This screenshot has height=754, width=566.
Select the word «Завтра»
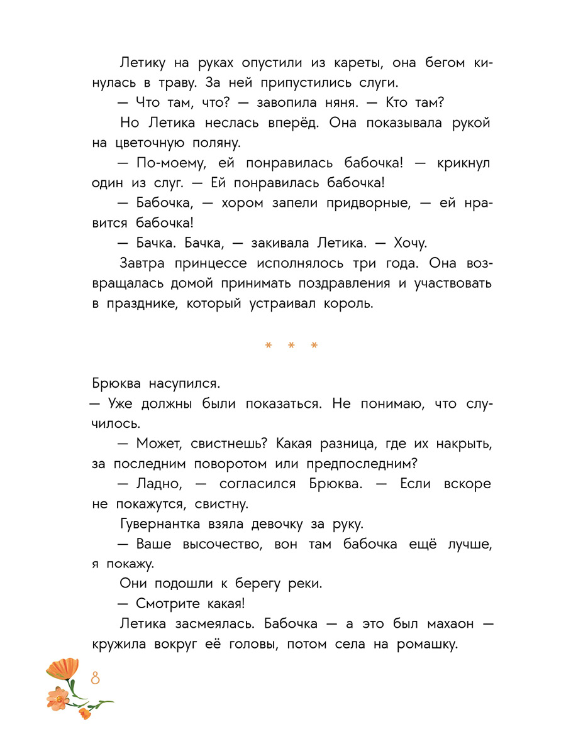tap(141, 263)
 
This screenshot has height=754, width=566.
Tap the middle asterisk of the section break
tap(291, 346)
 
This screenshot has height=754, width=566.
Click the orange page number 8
tap(96, 679)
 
